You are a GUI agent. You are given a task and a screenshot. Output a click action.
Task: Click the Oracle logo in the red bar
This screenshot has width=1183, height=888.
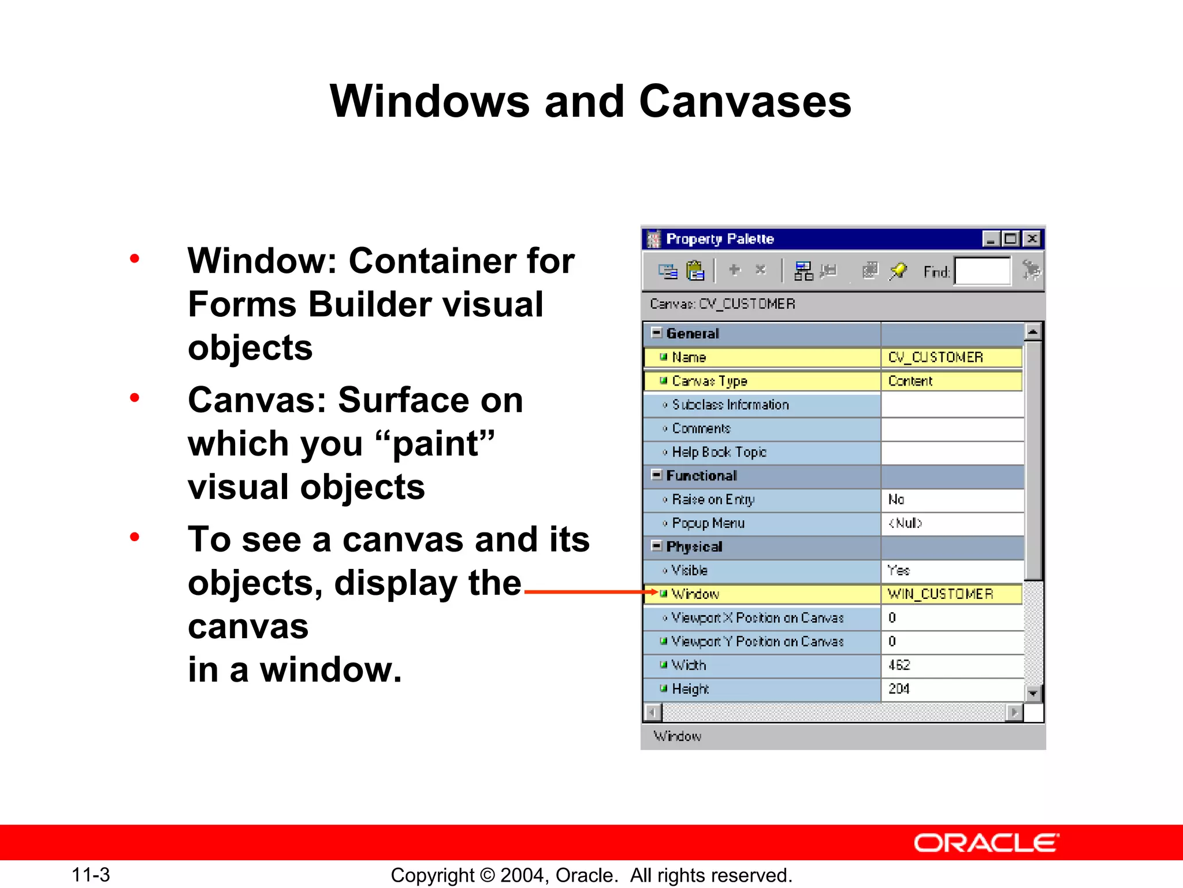click(x=986, y=843)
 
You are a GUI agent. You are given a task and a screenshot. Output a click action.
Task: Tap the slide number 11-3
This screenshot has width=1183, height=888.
click(x=91, y=875)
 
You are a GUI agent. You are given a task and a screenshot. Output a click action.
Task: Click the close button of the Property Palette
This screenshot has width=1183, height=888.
click(x=1032, y=239)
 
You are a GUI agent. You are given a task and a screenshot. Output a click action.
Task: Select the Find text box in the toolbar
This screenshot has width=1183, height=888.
click(x=982, y=271)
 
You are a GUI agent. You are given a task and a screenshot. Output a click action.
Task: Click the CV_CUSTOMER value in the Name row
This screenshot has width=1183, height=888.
click(x=935, y=357)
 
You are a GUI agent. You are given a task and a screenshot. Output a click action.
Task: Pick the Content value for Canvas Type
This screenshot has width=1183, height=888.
click(x=910, y=381)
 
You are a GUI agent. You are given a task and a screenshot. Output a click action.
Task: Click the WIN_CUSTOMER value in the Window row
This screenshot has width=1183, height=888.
click(x=940, y=594)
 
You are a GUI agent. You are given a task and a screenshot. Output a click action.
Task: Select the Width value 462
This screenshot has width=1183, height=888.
click(x=899, y=665)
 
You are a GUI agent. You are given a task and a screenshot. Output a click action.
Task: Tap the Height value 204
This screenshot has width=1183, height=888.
click(x=899, y=689)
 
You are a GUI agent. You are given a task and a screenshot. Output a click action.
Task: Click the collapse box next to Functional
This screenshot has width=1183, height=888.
click(x=656, y=475)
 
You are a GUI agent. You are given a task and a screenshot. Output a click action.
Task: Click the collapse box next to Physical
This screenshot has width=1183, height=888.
click(x=656, y=546)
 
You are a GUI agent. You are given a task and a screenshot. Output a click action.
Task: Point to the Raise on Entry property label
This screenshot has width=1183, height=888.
click(x=713, y=499)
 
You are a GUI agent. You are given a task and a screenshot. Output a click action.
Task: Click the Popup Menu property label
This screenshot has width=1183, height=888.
click(x=708, y=523)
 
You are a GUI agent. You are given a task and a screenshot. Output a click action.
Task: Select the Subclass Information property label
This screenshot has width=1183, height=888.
click(x=730, y=405)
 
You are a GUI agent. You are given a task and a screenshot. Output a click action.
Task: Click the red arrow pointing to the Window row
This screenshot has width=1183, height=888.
click(x=589, y=591)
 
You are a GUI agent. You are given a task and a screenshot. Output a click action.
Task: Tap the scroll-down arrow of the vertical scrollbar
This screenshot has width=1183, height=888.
click(x=1033, y=693)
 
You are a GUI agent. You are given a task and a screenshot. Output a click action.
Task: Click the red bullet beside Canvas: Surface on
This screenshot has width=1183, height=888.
click(x=135, y=398)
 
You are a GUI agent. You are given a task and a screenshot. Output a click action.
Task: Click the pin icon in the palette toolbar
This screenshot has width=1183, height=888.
click(x=898, y=271)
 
